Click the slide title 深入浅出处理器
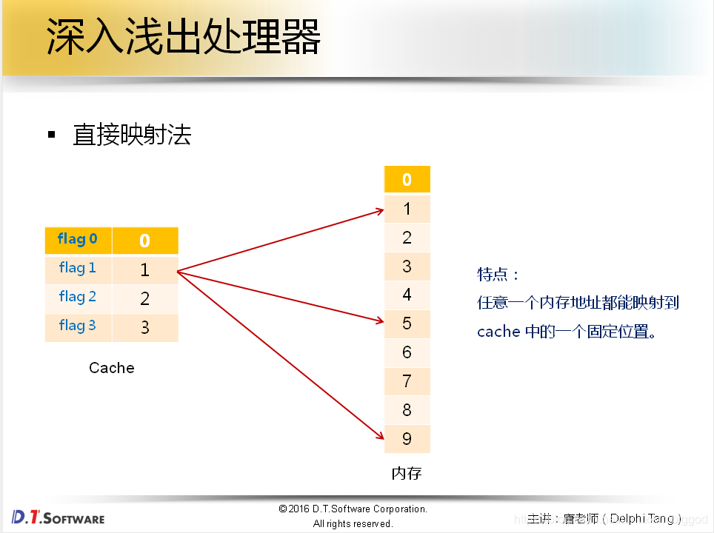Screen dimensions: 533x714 coord(184,37)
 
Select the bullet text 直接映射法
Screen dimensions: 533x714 coord(132,135)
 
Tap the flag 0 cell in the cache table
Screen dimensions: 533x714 coord(78,239)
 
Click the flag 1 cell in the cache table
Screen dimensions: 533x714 coord(78,268)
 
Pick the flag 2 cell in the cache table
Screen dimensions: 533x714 coord(78,297)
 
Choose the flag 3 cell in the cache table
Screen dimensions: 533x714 coord(78,326)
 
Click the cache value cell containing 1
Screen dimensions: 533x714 coord(145,269)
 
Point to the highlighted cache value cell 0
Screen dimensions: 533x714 coord(145,241)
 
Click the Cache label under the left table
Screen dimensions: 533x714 coord(112,368)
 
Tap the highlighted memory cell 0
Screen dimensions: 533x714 coord(407,180)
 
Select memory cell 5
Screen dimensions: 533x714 coord(407,324)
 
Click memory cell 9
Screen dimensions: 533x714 coord(407,439)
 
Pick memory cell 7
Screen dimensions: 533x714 coord(407,381)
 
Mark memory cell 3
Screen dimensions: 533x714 coord(407,266)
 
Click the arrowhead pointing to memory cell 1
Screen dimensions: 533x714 coord(378,211)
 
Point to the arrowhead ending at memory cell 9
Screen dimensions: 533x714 coord(378,438)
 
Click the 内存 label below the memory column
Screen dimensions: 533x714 coord(407,473)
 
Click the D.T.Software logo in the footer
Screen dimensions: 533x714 coord(59,517)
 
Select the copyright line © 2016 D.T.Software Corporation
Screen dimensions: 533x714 coord(353,509)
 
